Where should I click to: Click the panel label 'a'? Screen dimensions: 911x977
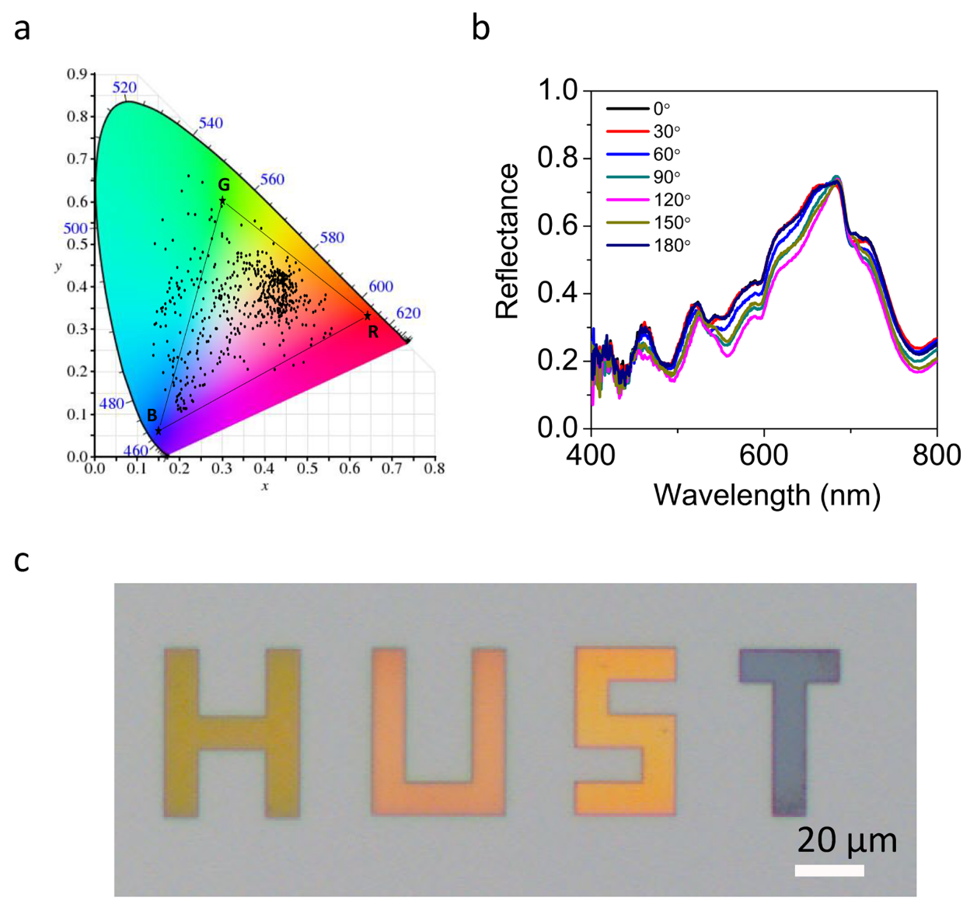tap(22, 30)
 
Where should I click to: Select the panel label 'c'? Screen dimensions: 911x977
tap(22, 560)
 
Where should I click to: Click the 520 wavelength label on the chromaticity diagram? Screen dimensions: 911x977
tap(124, 87)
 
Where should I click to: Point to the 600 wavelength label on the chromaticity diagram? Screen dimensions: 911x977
tap(381, 287)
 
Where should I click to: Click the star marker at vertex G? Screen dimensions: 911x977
tap(222, 201)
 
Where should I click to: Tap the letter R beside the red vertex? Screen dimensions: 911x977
tap(373, 333)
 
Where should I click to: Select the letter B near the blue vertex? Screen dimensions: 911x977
tap(152, 415)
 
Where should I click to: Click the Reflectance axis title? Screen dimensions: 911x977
tap(507, 241)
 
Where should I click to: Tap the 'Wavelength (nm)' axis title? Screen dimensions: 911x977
tap(767, 494)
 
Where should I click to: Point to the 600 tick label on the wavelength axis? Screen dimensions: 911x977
tap(764, 455)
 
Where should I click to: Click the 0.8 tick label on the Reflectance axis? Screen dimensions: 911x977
tap(559, 159)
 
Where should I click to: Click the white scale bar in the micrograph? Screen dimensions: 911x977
tap(829, 871)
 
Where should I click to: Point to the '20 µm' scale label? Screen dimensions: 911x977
tap(846, 840)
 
